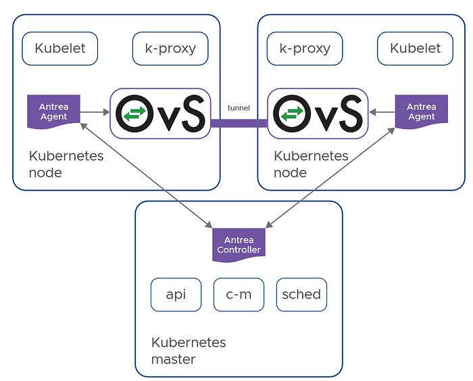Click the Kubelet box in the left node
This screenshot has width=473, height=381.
[59, 49]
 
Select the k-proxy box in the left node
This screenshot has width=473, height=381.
[170, 49]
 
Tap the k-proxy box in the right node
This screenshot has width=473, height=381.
[305, 49]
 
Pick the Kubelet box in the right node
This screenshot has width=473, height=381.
[415, 49]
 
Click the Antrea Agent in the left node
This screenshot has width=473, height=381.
[53, 111]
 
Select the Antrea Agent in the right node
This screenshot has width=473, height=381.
[422, 111]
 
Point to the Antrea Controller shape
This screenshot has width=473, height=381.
[239, 245]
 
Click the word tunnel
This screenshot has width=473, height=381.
[239, 107]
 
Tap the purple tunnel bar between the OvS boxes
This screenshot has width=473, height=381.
[239, 123]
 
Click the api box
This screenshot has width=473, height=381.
[176, 295]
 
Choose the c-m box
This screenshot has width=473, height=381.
[239, 295]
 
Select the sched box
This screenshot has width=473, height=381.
[301, 295]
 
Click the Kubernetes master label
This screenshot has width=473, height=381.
[189, 351]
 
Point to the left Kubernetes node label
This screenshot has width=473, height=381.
[66, 164]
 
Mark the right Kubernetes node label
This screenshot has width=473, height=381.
[311, 164]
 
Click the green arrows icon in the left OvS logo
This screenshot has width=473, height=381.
[134, 113]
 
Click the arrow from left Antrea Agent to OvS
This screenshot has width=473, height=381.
[95, 112]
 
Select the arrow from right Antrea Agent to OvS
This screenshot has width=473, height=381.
[382, 112]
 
